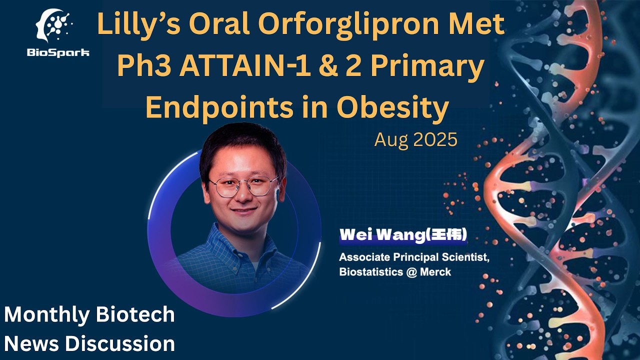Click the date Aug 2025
(x=415, y=140)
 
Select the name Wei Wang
(x=381, y=235)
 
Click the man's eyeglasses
(x=243, y=186)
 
